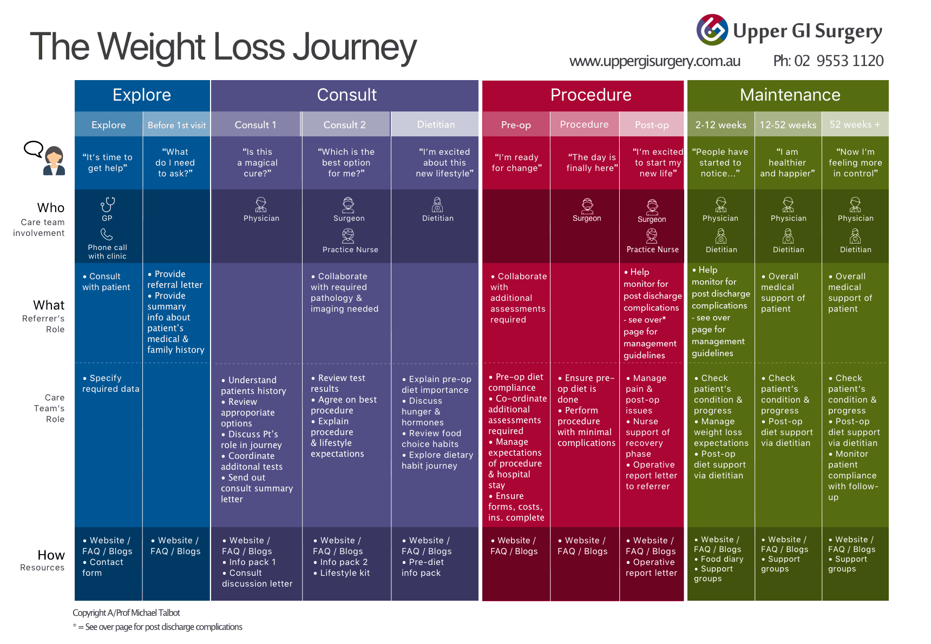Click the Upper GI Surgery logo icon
(712, 30)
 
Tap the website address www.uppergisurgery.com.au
(655, 61)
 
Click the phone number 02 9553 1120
(839, 61)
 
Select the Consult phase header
(346, 95)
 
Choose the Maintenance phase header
(790, 95)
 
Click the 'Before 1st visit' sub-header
(176, 125)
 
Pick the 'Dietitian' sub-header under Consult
(436, 124)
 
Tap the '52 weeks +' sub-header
(855, 124)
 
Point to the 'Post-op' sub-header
(652, 125)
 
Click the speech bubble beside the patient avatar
(34, 149)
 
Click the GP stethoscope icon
(108, 205)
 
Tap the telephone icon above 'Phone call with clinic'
(107, 234)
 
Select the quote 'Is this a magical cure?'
(258, 162)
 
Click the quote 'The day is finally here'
(592, 162)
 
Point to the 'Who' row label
(51, 208)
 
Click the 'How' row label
(51, 555)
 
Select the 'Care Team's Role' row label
(49, 408)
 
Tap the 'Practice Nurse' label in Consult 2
(350, 249)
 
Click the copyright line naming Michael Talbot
(127, 613)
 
